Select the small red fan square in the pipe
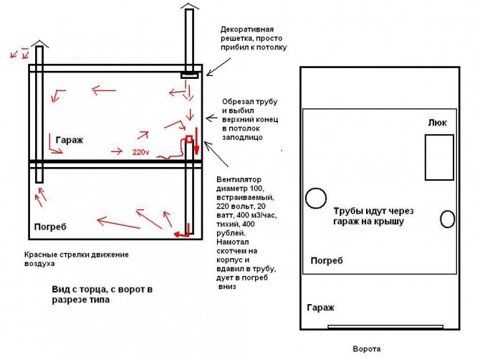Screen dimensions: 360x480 (x=189, y=138)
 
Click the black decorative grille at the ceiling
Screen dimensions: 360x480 (x=189, y=74)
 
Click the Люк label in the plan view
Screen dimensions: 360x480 (x=437, y=123)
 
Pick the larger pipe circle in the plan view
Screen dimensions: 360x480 (x=315, y=198)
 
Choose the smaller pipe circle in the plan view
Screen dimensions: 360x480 (x=447, y=217)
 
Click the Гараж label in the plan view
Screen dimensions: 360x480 (x=320, y=307)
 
